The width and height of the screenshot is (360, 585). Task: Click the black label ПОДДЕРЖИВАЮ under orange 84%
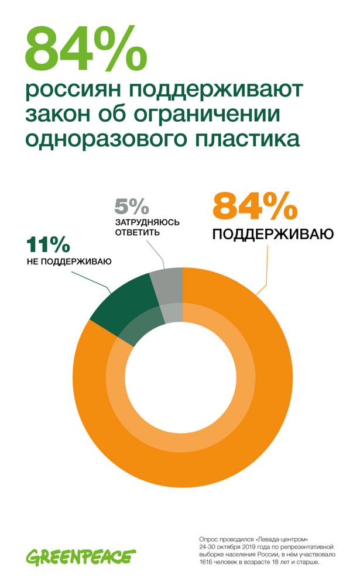coord(272,236)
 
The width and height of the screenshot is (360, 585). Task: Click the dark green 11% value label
coord(49,245)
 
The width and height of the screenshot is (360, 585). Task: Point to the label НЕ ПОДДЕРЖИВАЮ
coord(68,261)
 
